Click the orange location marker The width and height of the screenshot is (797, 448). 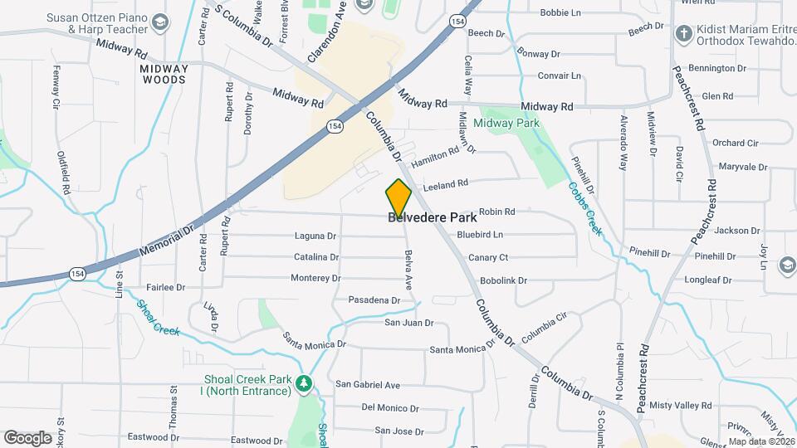398,197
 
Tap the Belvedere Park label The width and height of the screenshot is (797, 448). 433,218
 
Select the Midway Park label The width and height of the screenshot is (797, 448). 506,123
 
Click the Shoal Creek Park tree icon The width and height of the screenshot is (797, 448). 305,384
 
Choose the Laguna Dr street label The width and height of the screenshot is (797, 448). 315,236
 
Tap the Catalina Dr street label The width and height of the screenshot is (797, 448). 315,257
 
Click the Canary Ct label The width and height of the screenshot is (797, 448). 487,257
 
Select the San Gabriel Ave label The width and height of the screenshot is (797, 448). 367,385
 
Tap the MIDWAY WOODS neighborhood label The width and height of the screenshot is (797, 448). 164,74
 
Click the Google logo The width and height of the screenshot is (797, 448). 27,437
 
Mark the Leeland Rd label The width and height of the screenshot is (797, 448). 446,183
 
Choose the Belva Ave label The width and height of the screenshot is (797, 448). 408,270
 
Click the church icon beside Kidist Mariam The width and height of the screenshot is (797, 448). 683,33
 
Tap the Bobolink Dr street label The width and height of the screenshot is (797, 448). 503,280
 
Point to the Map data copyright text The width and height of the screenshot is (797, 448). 761,441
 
